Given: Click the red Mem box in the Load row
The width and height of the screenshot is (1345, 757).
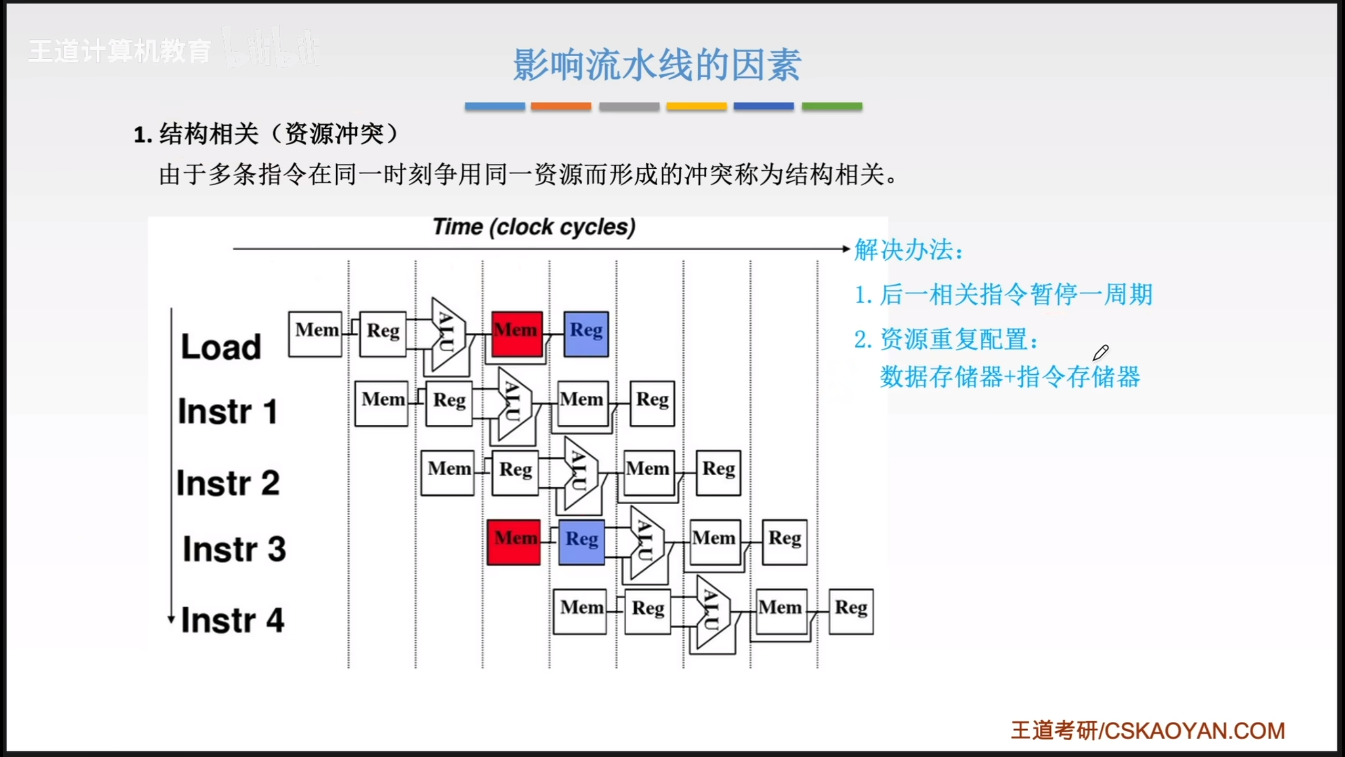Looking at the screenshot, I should (517, 334).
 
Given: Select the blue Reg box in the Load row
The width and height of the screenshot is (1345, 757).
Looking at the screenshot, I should (586, 334).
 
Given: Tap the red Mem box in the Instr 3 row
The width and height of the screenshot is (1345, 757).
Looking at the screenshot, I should (513, 542).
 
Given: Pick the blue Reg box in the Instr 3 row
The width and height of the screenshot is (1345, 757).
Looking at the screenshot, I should (582, 542).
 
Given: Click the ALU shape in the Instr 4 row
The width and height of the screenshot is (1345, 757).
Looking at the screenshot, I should (712, 612).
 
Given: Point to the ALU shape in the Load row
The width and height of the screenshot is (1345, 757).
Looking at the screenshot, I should (447, 334).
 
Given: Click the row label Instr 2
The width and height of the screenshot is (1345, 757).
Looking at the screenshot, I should (228, 483).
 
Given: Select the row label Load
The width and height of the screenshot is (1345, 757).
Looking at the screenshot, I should (221, 347).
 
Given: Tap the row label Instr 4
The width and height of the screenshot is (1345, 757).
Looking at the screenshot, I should (233, 620).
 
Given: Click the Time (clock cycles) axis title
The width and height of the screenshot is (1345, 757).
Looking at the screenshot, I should (534, 227).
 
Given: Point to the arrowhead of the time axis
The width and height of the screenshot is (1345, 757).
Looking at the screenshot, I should (845, 249).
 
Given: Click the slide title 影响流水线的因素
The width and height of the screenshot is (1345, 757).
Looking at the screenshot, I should (657, 65).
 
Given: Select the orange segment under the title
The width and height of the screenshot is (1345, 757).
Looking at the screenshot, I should (561, 106).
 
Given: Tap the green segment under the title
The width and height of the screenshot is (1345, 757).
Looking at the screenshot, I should (832, 106).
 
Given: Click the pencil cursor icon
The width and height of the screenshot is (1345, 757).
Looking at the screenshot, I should (1100, 353).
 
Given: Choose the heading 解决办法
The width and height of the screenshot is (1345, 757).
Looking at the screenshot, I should (909, 250).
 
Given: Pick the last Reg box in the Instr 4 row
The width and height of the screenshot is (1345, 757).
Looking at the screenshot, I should (851, 611).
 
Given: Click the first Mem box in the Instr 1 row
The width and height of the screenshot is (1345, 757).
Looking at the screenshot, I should (381, 403).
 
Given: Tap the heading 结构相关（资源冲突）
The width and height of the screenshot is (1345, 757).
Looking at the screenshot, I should (268, 135).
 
